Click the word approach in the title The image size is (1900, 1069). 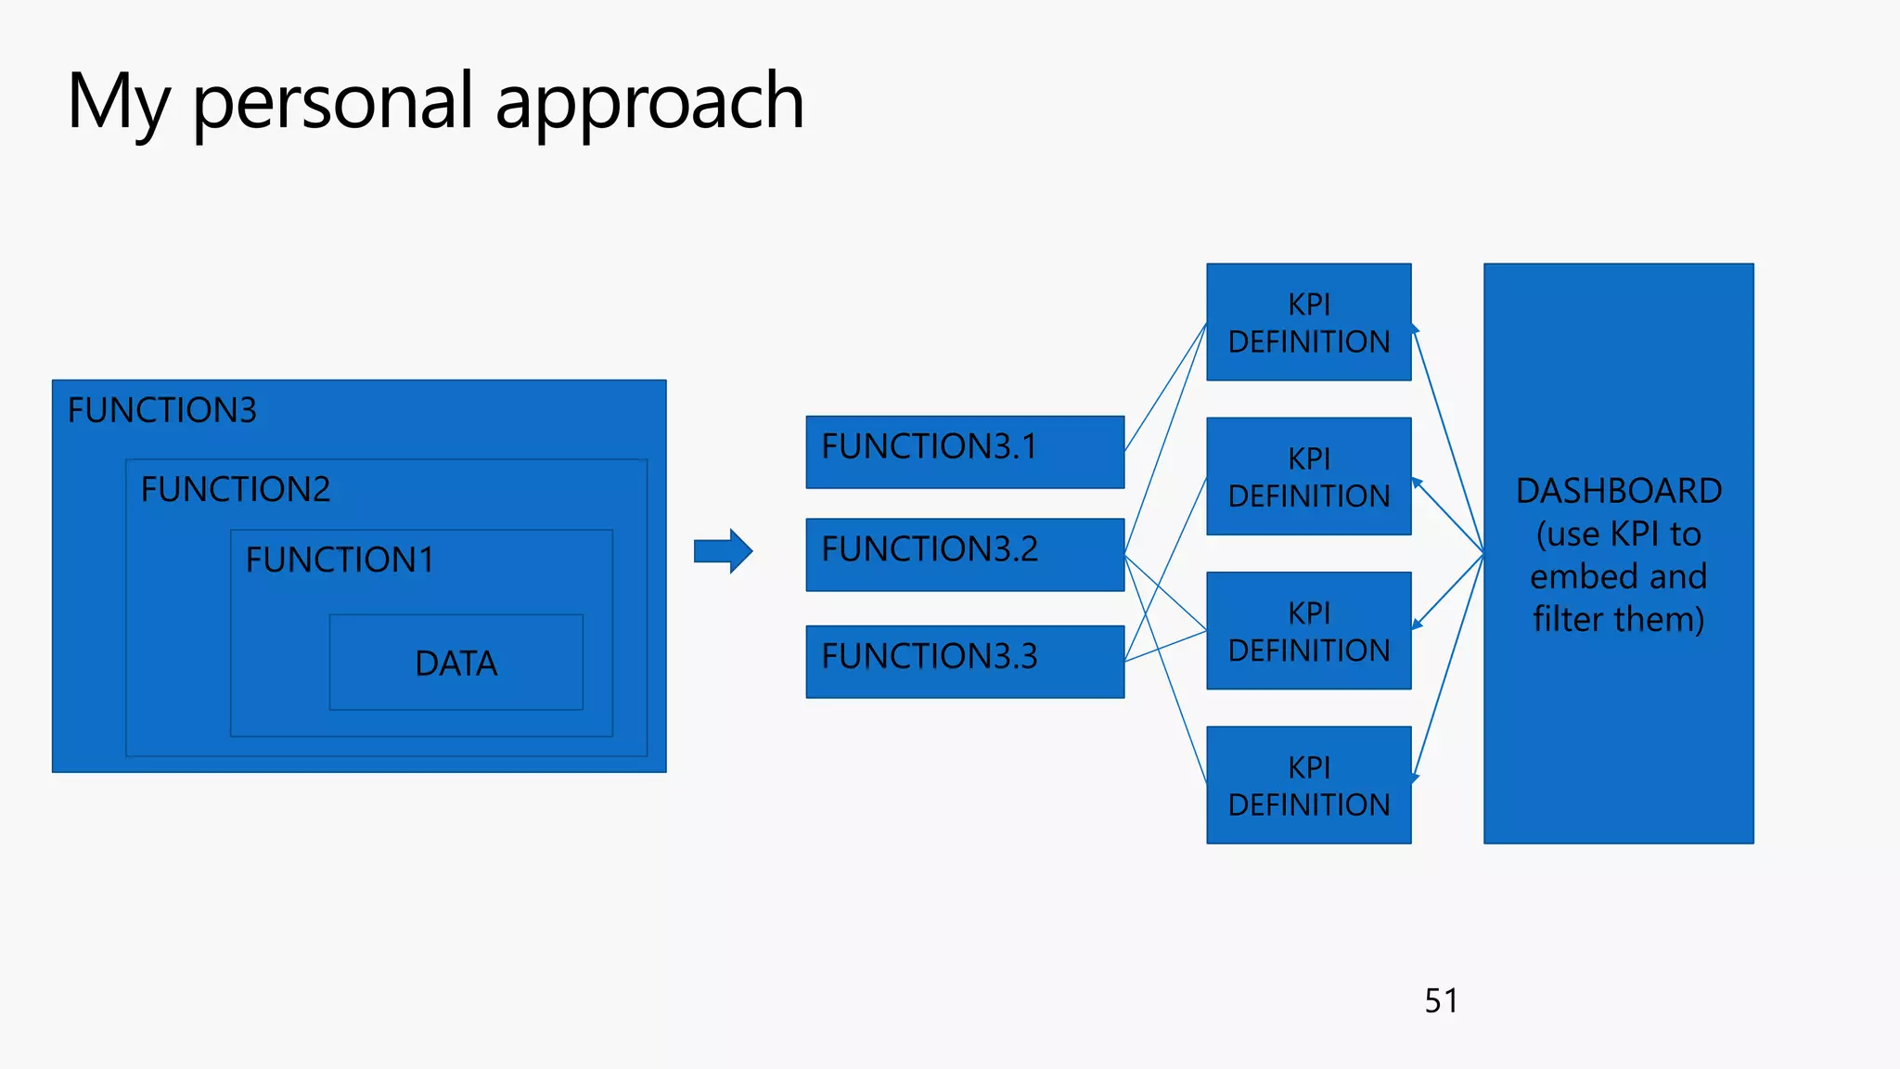pos(649,102)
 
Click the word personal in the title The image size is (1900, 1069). pos(333,102)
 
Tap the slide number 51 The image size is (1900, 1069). pos(1441,1000)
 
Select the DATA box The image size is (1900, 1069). pos(456,663)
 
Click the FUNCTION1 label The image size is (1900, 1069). pos(340,560)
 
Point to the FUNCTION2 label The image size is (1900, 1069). pos(236,489)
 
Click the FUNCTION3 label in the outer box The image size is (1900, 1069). pos(162,410)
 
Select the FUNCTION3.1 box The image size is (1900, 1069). pos(965,451)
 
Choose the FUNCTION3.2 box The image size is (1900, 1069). pos(965,554)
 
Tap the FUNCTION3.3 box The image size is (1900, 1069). pos(965,661)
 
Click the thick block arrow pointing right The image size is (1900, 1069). pos(723,551)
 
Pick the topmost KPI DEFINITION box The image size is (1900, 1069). pos(1308,322)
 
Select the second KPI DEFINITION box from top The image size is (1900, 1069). pos(1308,476)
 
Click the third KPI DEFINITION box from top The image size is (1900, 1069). pos(1308,630)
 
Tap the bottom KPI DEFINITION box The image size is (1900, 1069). pos(1308,784)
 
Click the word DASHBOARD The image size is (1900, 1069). pos(1618,490)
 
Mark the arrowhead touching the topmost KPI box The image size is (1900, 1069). pos(1416,328)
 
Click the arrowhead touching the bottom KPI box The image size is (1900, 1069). pos(1416,778)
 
